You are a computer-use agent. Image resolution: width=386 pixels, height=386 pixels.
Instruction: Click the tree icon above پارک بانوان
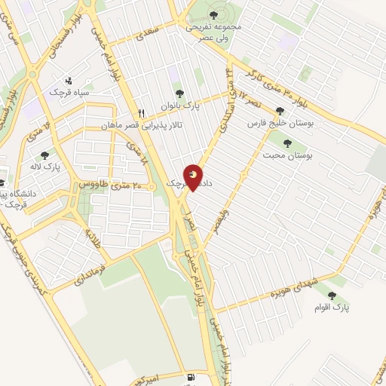(x=179, y=94)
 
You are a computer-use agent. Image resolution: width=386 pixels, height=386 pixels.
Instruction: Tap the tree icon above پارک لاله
(x=45, y=155)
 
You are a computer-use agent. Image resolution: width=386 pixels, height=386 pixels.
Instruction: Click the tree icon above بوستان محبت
(x=286, y=142)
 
